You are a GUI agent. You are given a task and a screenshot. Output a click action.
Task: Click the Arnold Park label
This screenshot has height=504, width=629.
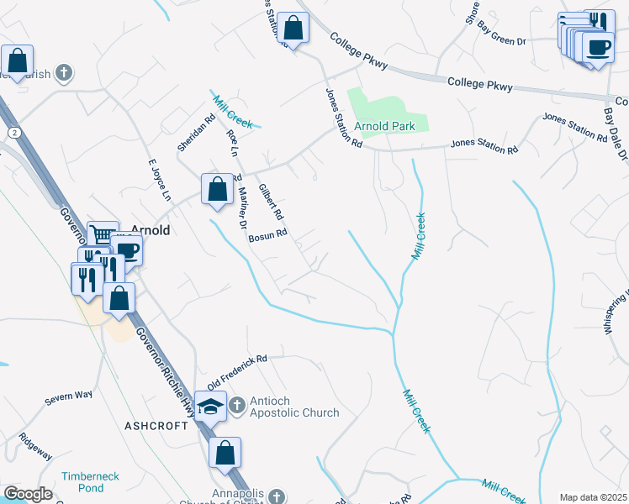tap(384, 127)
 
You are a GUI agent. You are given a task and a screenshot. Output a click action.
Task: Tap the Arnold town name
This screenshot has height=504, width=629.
tap(151, 229)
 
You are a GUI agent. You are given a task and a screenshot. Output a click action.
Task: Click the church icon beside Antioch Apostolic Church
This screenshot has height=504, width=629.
tap(236, 406)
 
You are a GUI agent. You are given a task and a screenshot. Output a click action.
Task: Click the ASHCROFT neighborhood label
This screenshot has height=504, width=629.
tap(156, 426)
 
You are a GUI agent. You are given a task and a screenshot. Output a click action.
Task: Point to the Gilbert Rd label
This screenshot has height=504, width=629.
tap(272, 202)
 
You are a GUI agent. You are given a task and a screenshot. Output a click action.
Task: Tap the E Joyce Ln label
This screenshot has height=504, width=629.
tap(159, 183)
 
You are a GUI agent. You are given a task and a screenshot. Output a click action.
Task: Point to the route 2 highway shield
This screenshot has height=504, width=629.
tap(13, 133)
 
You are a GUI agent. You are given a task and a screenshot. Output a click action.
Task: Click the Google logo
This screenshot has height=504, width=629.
tap(28, 494)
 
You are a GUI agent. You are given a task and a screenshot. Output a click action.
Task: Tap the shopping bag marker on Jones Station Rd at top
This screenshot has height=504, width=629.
tap(293, 28)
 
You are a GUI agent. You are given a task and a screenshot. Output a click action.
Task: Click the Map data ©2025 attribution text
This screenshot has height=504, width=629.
tap(592, 497)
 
